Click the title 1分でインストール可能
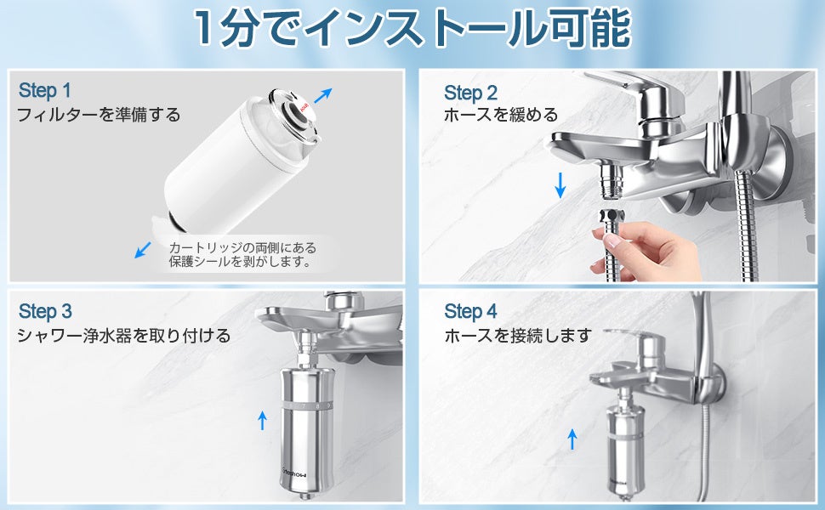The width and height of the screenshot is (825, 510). (412, 27)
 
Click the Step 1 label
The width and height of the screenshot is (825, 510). (45, 90)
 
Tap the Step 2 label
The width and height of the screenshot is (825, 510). (470, 93)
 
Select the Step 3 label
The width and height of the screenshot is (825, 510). (45, 311)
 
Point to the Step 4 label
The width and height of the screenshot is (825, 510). (470, 311)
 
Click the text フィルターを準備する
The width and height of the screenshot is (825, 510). (99, 115)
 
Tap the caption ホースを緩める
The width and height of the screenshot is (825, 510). (501, 115)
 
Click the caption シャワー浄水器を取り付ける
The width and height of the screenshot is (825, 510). (124, 335)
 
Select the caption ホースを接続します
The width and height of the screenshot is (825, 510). (518, 335)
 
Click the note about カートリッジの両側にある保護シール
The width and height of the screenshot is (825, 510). (242, 254)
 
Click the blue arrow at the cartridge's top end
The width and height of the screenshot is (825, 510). (323, 95)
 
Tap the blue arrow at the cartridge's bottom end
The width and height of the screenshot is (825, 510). (143, 250)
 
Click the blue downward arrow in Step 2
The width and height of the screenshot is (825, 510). (560, 185)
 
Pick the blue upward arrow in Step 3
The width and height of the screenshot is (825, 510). (262, 421)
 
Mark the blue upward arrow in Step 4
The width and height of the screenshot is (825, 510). (572, 439)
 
